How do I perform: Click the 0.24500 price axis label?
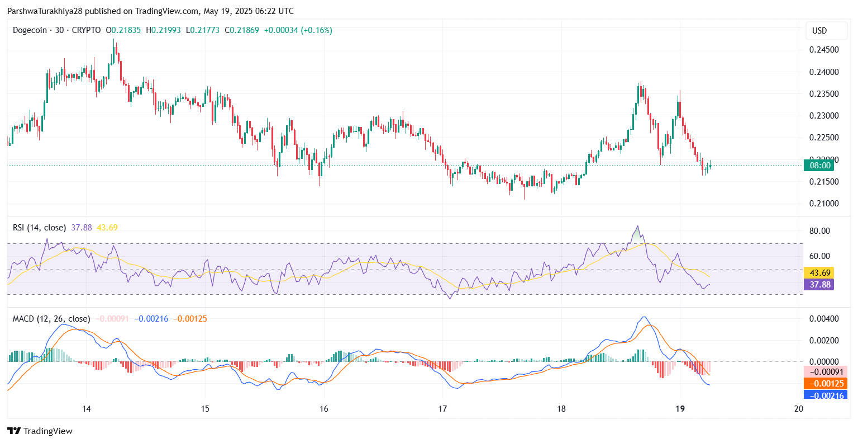point(824,50)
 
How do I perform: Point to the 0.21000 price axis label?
point(824,204)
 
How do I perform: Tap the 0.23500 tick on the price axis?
point(824,94)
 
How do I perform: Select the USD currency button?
point(819,31)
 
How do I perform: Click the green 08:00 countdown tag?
point(819,166)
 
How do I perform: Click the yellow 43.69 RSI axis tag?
point(819,273)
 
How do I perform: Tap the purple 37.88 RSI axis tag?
point(819,285)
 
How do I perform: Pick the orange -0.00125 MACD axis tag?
point(825,384)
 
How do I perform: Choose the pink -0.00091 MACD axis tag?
point(825,372)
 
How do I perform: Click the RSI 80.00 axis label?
point(819,231)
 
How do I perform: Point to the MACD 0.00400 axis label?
point(824,319)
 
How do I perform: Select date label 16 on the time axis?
point(324,409)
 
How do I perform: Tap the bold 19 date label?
point(680,409)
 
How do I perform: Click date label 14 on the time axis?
point(87,409)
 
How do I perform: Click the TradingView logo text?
point(47,431)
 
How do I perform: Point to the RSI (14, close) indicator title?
point(39,228)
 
